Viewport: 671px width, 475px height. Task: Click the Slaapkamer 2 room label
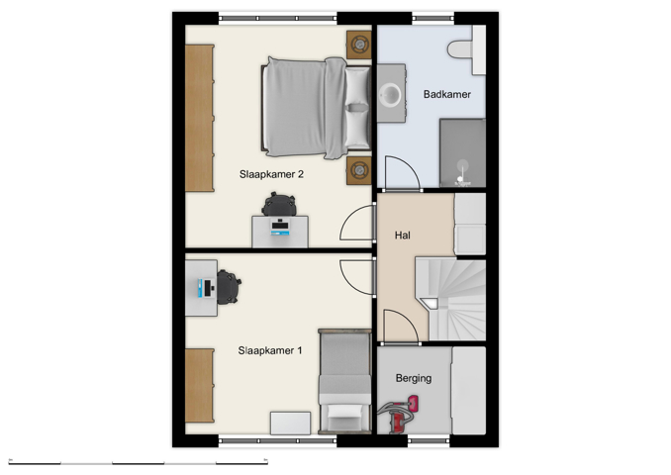coord(270,173)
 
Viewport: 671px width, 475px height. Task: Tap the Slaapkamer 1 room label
coord(270,350)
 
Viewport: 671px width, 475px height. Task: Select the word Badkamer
coord(446,95)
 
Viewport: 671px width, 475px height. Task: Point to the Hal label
coord(402,236)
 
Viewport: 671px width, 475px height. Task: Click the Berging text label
coord(414,378)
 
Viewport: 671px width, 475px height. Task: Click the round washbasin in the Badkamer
coord(393,95)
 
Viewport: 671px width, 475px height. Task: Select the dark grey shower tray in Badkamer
coord(461,152)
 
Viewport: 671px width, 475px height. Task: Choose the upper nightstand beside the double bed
coord(358,44)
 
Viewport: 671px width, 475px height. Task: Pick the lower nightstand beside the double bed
coord(358,170)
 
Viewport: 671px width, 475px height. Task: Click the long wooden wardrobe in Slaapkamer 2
coord(199,117)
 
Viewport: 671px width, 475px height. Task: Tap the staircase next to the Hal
coord(453,298)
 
